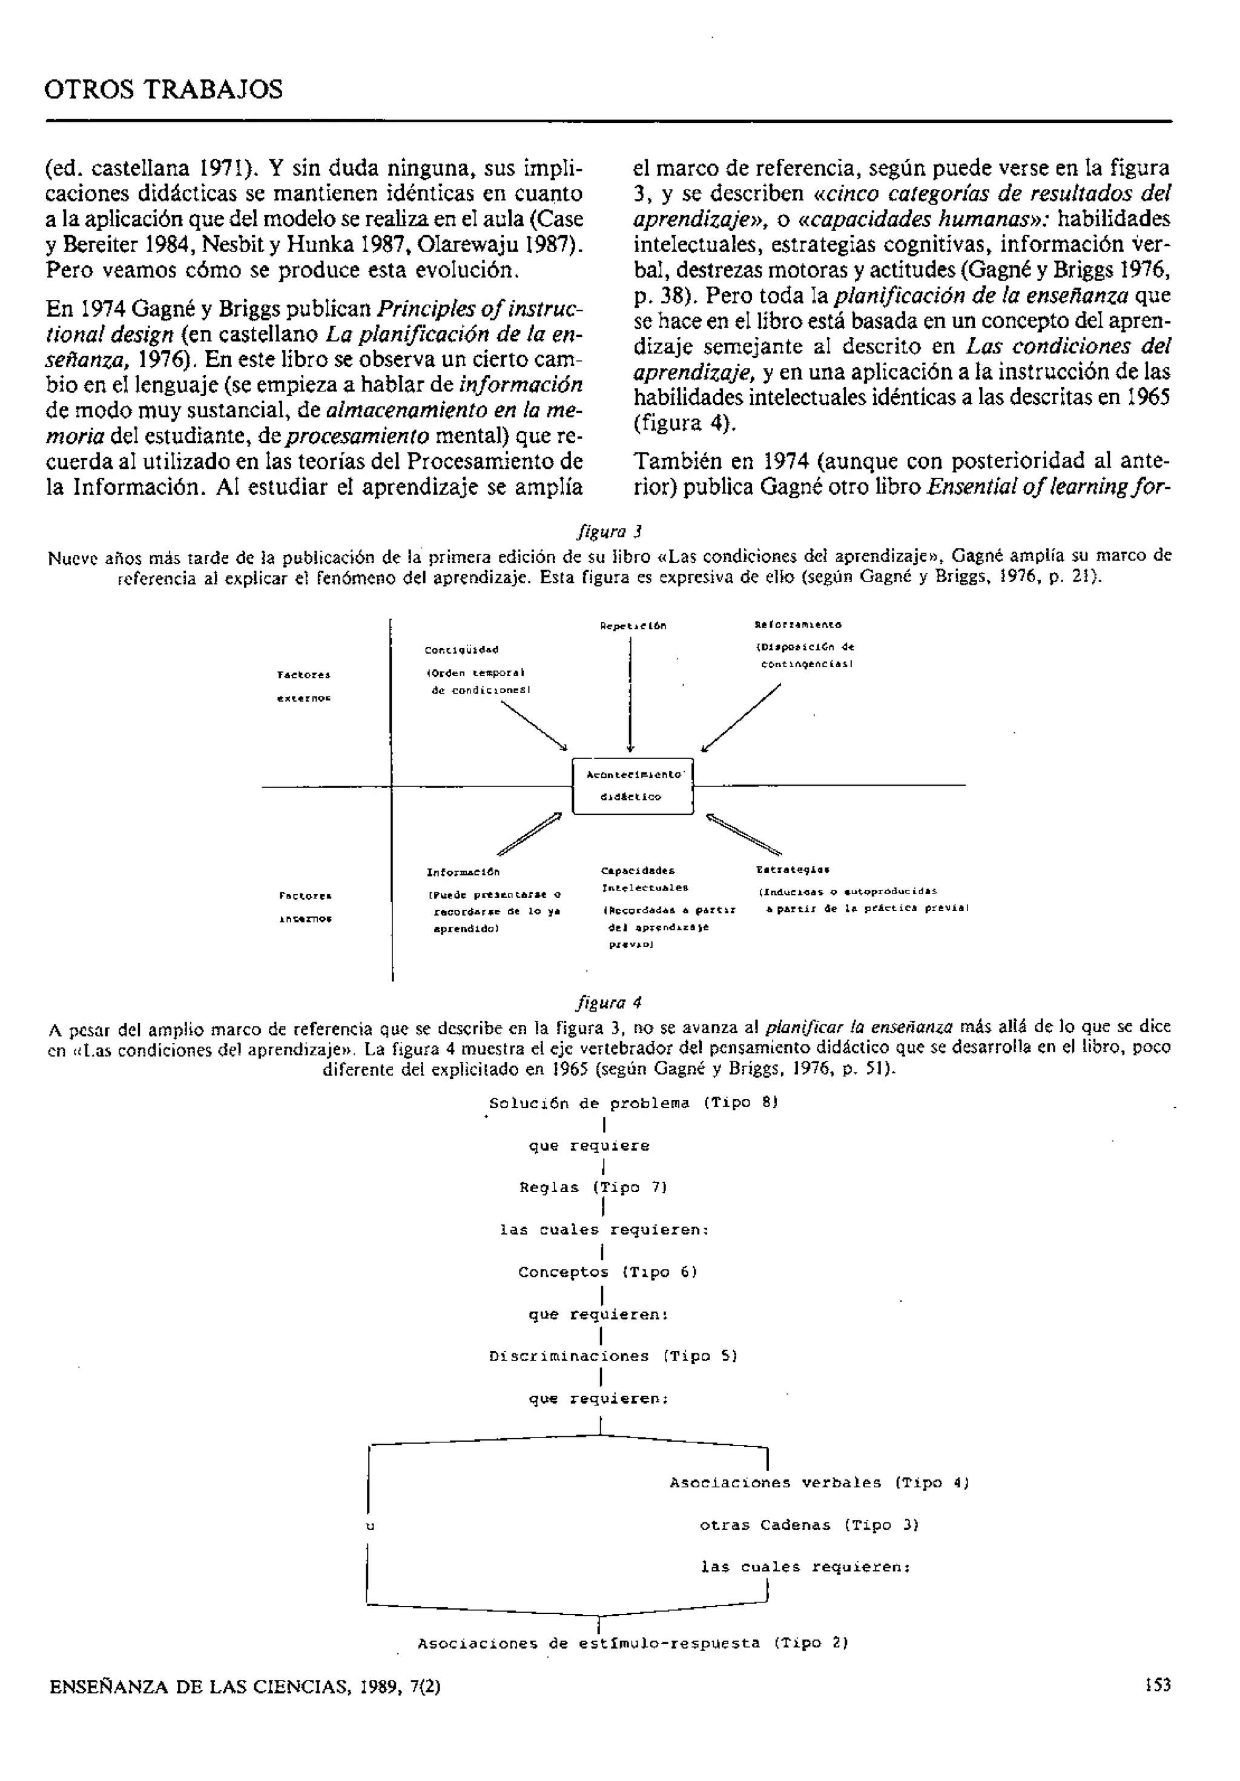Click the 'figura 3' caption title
pos(608,531)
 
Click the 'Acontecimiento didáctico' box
pos(633,786)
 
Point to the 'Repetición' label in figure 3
pos(633,625)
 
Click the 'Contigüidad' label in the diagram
pos(461,650)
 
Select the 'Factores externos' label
pos(304,686)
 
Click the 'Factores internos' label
pos(305,907)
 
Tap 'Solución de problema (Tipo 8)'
pos(633,1103)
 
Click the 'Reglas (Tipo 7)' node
pos(593,1187)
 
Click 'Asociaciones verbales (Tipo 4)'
pos(819,1483)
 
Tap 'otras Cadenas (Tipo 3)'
pos(809,1525)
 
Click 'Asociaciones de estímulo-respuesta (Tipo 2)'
pos(633,1643)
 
